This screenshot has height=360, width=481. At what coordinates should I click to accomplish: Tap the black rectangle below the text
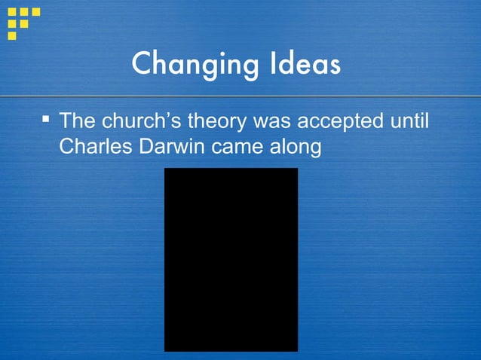(x=231, y=259)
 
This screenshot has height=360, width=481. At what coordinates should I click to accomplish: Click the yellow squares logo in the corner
(x=23, y=21)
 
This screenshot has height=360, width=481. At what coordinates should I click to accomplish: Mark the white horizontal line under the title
(x=240, y=97)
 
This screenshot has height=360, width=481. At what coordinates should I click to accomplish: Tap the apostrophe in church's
(x=167, y=115)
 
